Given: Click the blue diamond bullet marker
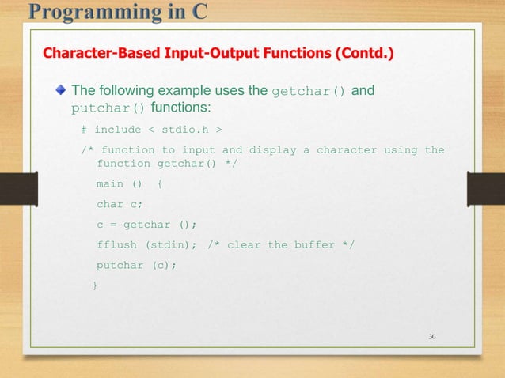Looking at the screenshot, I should point(59,91).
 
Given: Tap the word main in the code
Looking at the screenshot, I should point(110,183).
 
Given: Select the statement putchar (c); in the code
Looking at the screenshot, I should point(136,265).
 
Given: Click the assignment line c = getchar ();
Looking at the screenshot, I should point(146,224).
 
